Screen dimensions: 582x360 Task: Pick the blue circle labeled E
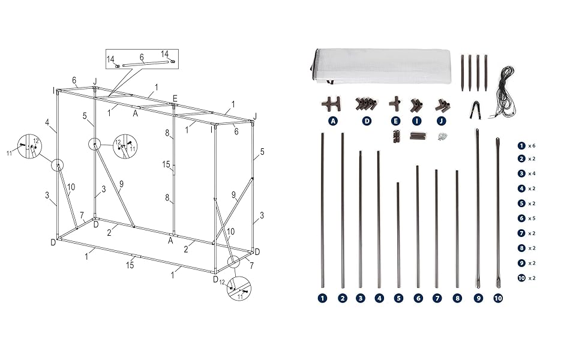pyautogui.click(x=395, y=121)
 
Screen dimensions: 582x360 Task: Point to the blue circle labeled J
pyautogui.click(x=442, y=121)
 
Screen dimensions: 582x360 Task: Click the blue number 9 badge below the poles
pyautogui.click(x=478, y=298)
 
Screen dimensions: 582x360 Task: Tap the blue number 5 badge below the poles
pyautogui.click(x=398, y=298)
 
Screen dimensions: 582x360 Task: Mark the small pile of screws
pyautogui.click(x=443, y=137)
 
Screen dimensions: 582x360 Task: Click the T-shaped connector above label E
pyautogui.click(x=395, y=104)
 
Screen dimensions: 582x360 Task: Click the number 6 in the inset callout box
pyautogui.click(x=142, y=58)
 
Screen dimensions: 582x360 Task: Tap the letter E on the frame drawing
pyautogui.click(x=175, y=98)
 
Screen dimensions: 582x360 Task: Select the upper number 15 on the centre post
pyautogui.click(x=166, y=164)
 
